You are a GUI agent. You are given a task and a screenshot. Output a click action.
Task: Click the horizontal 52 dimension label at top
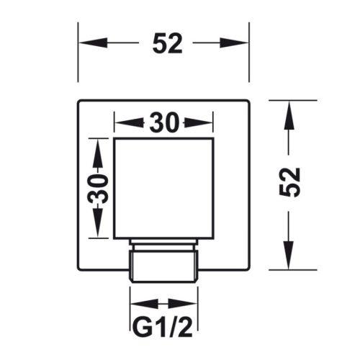(167, 43)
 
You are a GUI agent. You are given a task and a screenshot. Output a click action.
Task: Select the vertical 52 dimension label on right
(290, 182)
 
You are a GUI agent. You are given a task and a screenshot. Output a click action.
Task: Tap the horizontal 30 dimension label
(164, 122)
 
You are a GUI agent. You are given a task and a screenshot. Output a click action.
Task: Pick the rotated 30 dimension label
(98, 189)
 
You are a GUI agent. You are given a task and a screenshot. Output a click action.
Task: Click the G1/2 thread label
(163, 326)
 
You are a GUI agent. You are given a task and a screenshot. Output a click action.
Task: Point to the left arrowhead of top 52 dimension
(93, 42)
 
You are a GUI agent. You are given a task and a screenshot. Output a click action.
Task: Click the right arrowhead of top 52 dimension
(234, 42)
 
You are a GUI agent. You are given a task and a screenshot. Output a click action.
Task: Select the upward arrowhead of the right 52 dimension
(289, 115)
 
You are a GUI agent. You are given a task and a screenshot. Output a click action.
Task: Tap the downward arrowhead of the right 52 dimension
(289, 255)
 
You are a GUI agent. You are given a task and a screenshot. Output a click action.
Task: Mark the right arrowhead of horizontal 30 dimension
(199, 123)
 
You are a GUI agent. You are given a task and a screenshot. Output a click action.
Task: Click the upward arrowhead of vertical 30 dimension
(98, 153)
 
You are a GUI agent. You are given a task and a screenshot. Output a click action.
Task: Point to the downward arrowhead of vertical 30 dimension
(98, 222)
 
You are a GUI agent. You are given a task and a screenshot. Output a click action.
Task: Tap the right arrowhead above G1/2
(183, 304)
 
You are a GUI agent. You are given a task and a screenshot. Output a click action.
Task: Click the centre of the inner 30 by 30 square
(163, 189)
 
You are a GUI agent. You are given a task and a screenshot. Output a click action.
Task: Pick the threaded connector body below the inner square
(164, 266)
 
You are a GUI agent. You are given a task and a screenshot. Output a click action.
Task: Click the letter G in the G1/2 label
(143, 327)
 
